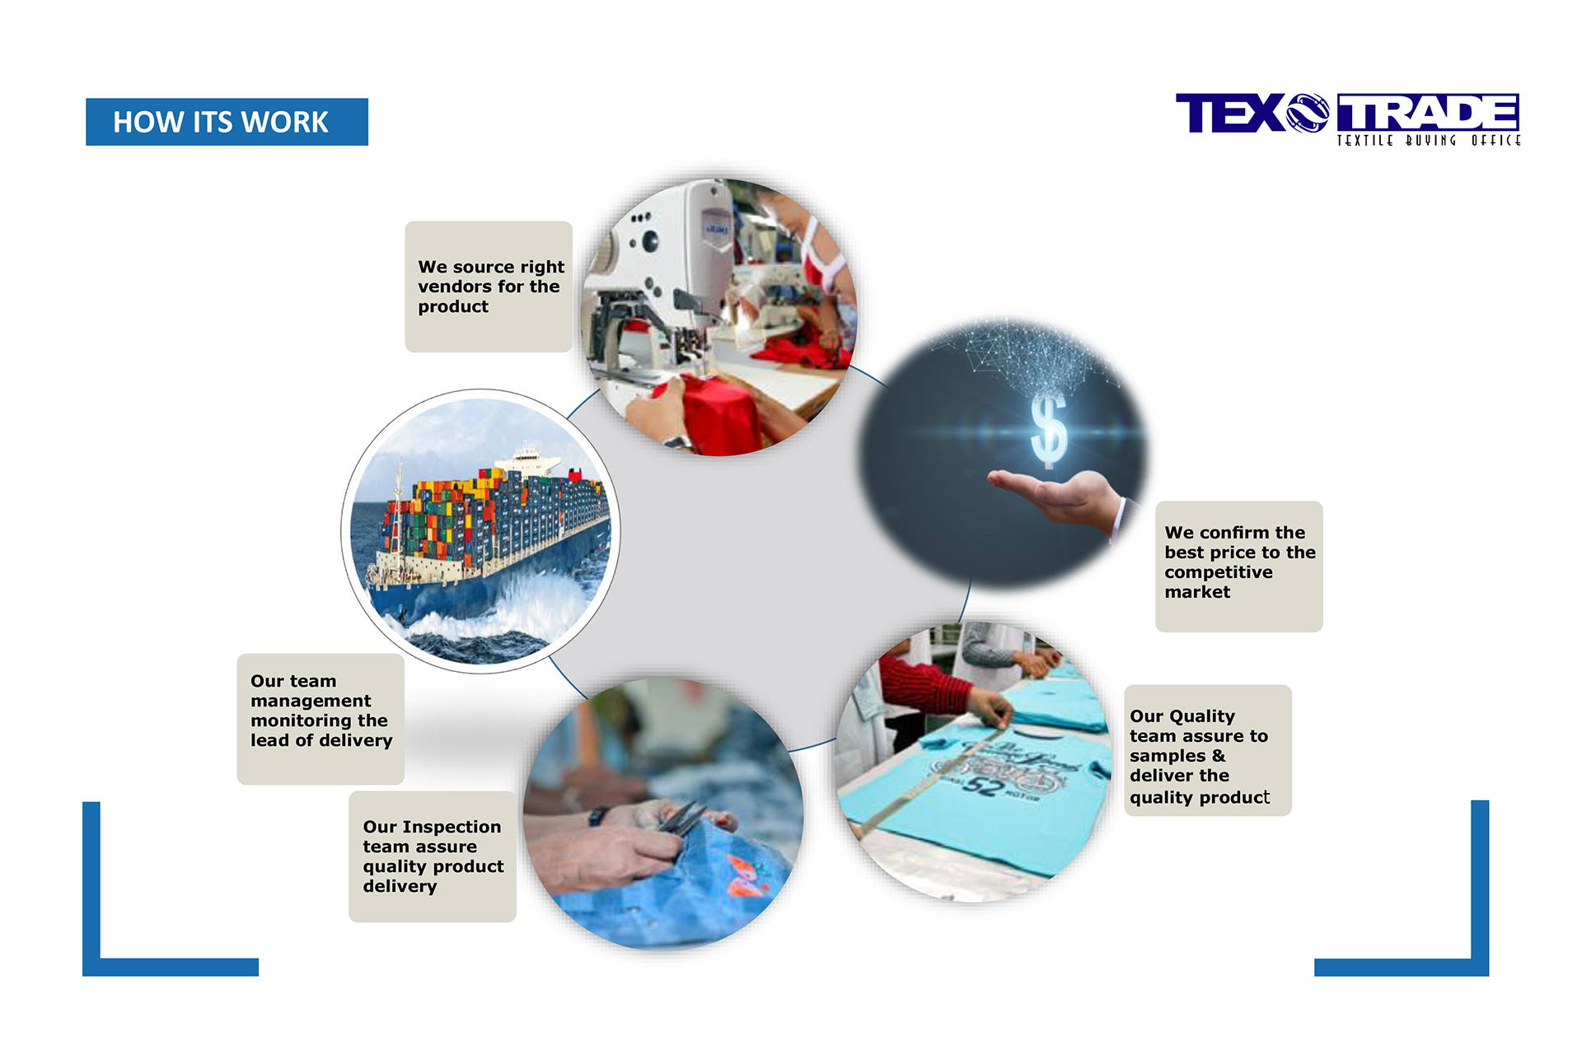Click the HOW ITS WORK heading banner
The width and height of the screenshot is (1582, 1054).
227,122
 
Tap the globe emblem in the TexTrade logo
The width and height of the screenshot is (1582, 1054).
1308,113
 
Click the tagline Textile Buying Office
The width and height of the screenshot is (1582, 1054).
1428,141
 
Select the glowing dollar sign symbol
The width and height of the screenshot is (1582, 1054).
1049,430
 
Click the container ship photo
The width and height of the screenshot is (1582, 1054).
480,531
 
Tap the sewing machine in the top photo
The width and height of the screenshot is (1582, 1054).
659,280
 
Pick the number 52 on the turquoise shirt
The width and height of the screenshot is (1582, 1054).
982,785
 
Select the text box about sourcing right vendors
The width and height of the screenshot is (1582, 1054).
489,287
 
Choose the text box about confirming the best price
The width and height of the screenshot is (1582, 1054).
1239,567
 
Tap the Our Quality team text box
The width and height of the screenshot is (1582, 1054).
1208,750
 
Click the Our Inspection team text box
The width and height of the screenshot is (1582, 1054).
433,856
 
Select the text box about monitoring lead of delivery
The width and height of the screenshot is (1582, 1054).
321,719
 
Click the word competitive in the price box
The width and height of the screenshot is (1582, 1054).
1219,572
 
